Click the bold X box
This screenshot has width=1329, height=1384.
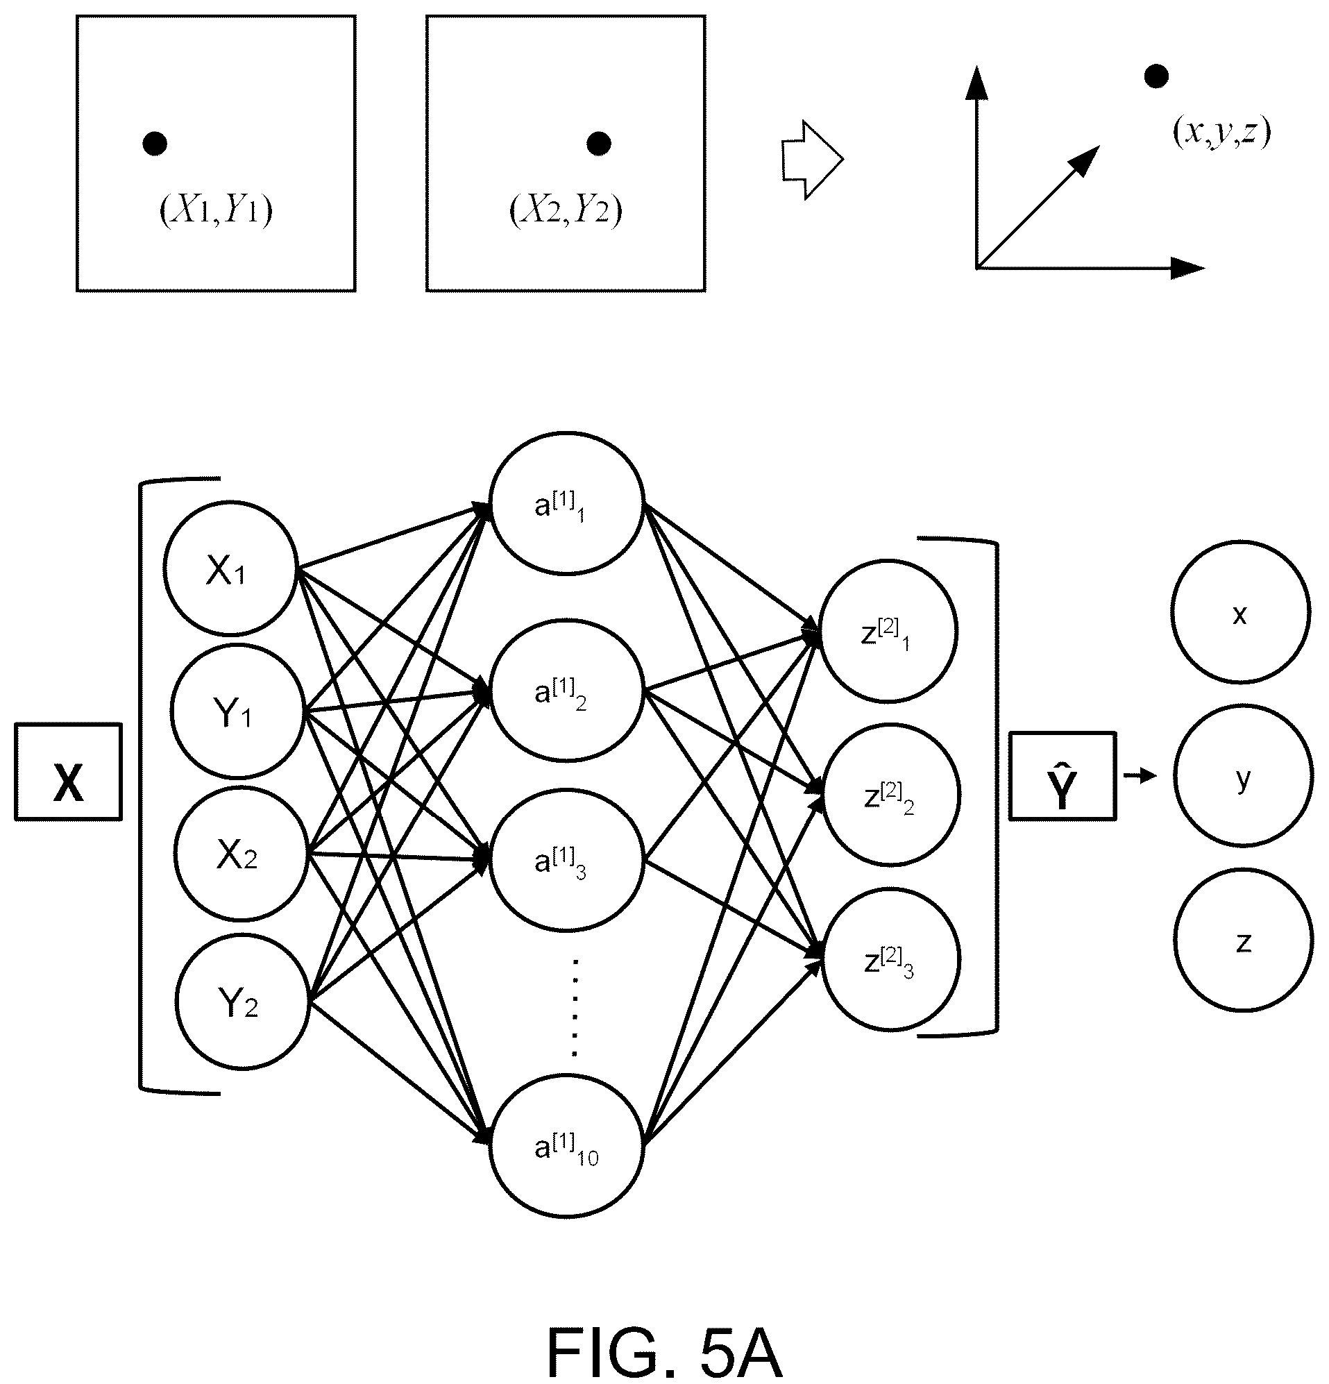pos(69,771)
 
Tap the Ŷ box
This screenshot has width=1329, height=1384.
pos(1063,776)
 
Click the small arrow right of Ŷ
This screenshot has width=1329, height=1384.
pos(1140,776)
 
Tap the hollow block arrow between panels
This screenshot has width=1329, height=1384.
pos(812,160)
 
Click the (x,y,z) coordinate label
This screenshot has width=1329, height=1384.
pos(1221,132)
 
